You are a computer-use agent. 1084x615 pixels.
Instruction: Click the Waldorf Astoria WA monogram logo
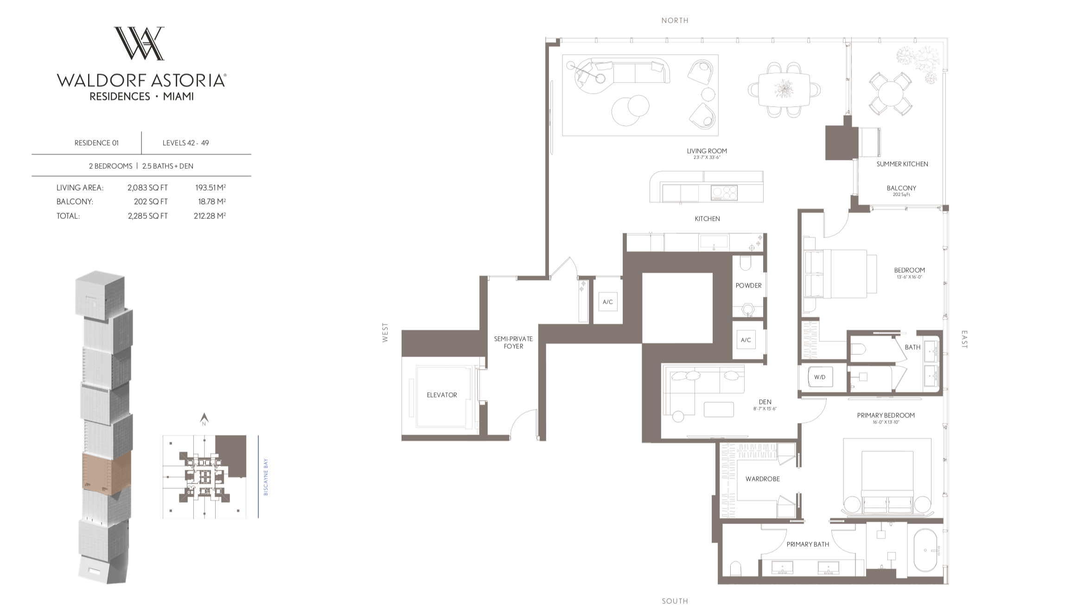pos(139,43)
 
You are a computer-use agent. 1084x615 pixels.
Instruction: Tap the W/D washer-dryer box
pos(819,377)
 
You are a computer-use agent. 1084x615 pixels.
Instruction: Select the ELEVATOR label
pos(441,395)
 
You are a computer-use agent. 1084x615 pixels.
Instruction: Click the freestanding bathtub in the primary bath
pos(925,551)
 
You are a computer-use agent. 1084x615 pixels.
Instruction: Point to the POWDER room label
pos(748,286)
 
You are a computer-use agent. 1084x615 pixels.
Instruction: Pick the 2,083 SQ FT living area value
pos(147,188)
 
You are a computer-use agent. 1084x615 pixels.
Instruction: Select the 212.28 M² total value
pos(210,216)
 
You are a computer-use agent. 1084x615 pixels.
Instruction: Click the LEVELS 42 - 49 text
pos(185,143)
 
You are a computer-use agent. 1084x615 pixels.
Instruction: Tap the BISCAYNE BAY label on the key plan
pos(266,477)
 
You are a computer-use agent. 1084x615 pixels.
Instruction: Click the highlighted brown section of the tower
pos(106,471)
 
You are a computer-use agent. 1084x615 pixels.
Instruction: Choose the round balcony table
pos(890,94)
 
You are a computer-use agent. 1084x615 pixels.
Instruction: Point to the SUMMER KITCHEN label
pos(902,164)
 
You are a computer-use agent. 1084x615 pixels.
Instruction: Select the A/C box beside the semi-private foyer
pos(607,302)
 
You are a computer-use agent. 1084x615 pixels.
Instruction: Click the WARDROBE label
pos(762,479)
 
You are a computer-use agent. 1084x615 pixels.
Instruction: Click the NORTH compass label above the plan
pos(675,20)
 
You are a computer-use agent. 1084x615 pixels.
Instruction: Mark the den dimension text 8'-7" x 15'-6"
pos(765,409)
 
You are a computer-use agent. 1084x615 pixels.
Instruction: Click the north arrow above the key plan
pos(204,419)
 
